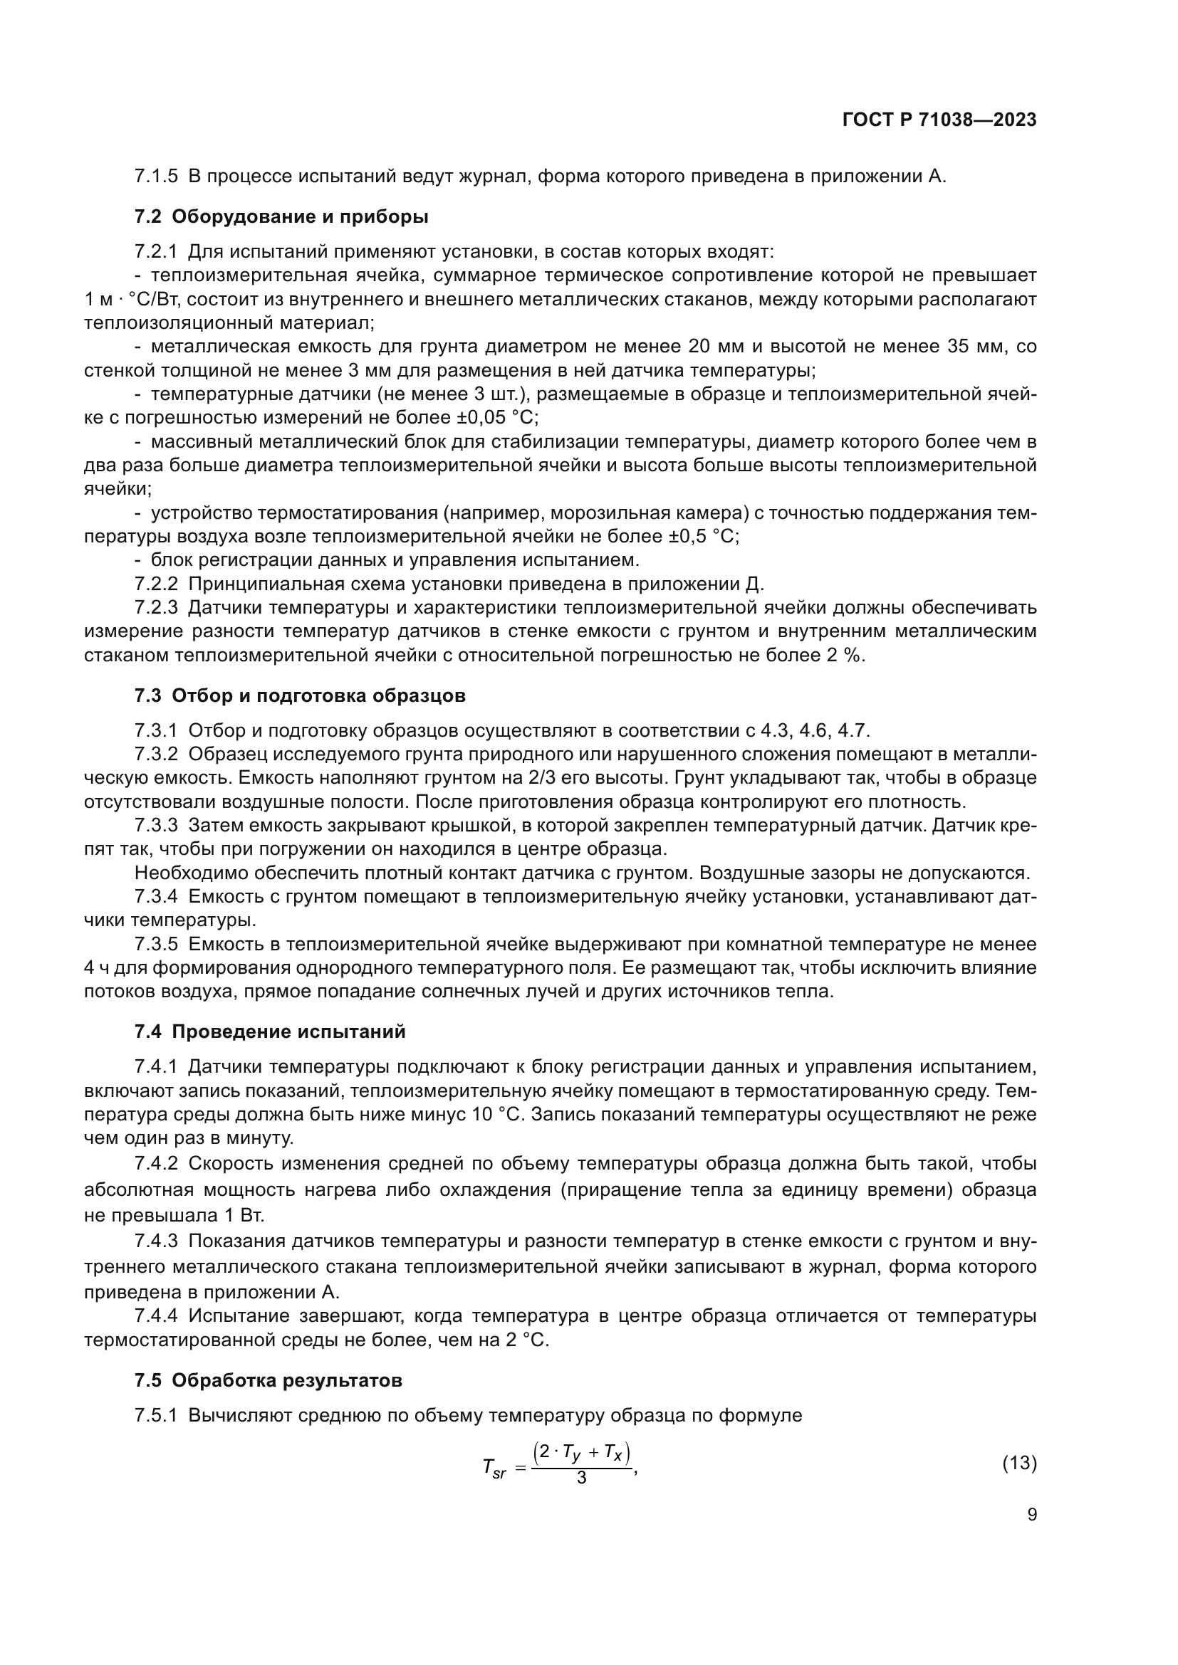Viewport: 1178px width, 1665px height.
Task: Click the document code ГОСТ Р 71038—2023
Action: coord(939,120)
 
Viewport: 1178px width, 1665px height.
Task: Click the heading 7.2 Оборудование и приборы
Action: coord(281,217)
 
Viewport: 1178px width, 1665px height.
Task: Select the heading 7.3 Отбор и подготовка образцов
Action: coord(300,695)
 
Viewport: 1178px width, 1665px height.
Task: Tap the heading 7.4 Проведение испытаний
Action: coord(270,1031)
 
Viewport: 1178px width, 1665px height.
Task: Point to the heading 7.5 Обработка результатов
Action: coord(268,1380)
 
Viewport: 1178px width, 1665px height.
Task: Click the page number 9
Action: coord(1031,1514)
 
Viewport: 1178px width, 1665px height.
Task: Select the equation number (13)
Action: coord(1019,1463)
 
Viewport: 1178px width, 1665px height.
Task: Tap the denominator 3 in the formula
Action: coord(581,1477)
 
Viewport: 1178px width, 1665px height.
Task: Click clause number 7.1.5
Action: coord(156,177)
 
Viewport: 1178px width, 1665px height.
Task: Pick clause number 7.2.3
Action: coord(156,608)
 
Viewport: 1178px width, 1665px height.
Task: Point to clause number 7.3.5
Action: coord(156,944)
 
